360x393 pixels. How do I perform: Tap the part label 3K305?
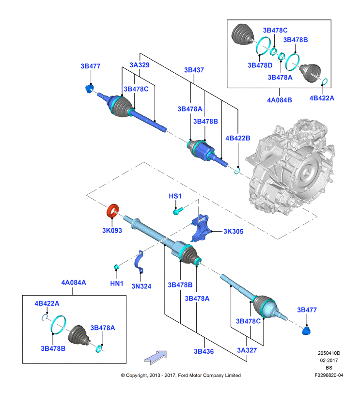[233, 231]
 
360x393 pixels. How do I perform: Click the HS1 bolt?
[178, 211]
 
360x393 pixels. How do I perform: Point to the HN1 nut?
[116, 267]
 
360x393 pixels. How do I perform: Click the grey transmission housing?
[291, 168]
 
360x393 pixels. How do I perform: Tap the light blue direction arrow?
[156, 358]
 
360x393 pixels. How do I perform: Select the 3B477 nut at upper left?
[89, 89]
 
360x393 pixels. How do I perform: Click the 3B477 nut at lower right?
[306, 331]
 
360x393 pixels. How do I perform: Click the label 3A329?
[140, 65]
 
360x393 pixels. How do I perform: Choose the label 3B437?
[194, 70]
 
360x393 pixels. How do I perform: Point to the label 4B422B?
[238, 138]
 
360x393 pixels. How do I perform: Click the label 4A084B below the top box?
[280, 100]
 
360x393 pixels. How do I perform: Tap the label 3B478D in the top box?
[260, 65]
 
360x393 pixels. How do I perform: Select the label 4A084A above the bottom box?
[74, 283]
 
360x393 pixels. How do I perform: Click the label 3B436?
[203, 351]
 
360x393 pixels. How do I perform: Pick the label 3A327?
[247, 350]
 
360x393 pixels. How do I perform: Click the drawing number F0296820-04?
[329, 375]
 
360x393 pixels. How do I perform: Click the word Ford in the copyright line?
[183, 375]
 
